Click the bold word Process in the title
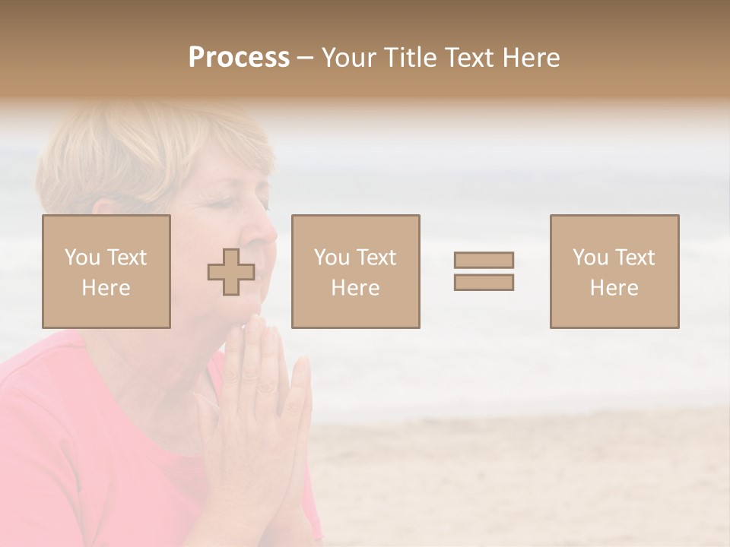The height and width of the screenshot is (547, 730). coord(239,58)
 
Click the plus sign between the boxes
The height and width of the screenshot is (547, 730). coord(231,272)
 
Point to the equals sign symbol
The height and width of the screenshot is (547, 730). coord(484,271)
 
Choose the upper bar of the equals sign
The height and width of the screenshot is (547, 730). coord(484,261)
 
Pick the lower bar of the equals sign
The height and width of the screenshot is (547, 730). coord(484,282)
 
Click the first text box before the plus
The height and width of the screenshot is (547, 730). coord(106,271)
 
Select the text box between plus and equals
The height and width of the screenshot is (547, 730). coord(355,271)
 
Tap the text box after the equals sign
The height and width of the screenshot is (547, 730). coord(614,271)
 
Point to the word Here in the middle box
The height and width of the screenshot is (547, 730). coord(355,288)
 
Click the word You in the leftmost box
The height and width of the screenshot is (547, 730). coord(81,258)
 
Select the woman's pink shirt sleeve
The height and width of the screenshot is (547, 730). coord(46,425)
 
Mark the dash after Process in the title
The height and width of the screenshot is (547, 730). coord(305,58)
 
